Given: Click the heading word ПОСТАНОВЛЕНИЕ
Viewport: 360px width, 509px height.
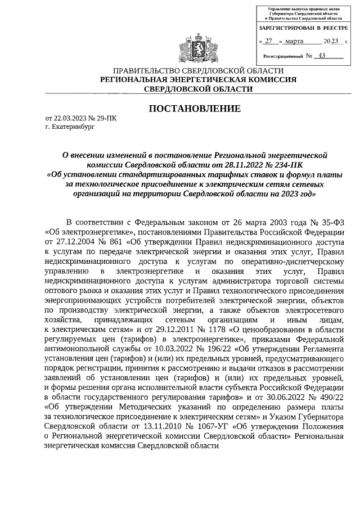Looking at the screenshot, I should coord(195,108).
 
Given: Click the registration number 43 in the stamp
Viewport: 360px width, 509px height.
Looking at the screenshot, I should coord(321,56).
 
